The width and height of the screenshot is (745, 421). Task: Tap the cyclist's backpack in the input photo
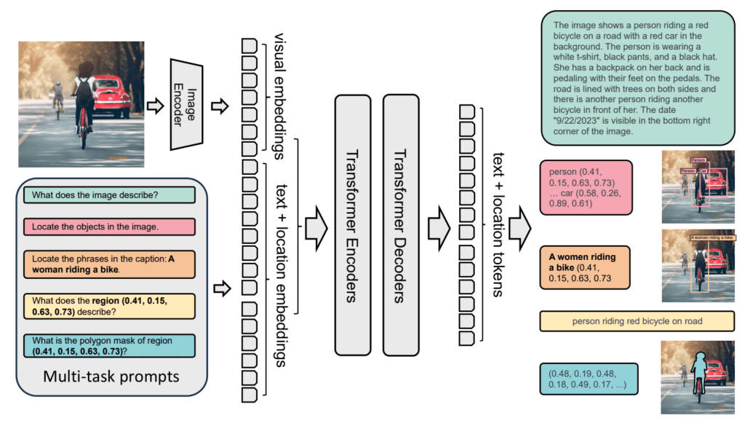(x=84, y=90)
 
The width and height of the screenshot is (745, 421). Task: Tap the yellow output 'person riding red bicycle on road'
(x=637, y=320)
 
